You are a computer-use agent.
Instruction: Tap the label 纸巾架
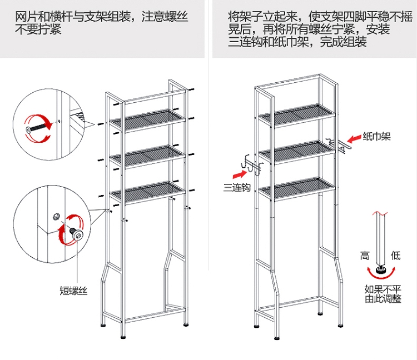(x=376, y=136)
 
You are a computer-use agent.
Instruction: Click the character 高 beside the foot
(x=365, y=256)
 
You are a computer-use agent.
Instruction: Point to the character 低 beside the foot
(x=395, y=256)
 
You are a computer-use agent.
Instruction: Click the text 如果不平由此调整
(x=383, y=294)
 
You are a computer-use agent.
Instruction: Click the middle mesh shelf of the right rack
(x=297, y=151)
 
